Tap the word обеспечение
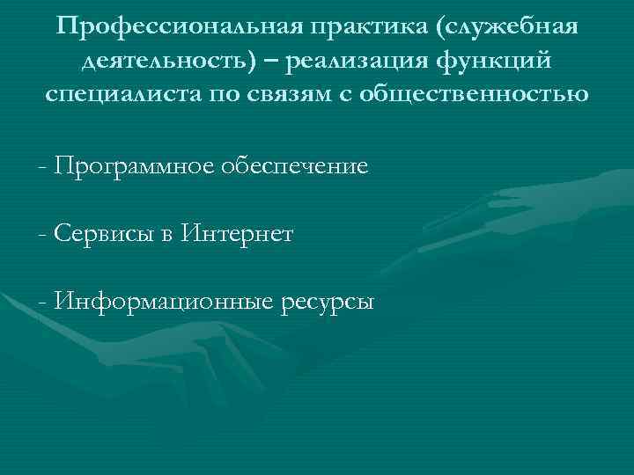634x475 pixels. (299, 165)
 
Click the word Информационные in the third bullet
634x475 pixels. (163, 303)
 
